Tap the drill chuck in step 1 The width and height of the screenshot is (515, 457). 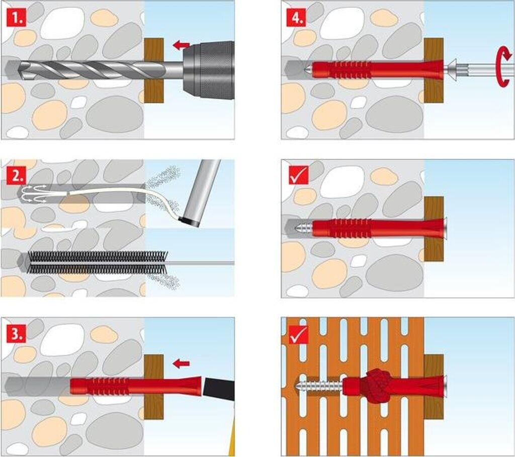[209, 70]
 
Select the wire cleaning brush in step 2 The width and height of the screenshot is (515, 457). [96, 262]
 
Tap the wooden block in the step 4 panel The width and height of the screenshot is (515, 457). [433, 70]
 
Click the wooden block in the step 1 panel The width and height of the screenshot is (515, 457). [154, 70]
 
